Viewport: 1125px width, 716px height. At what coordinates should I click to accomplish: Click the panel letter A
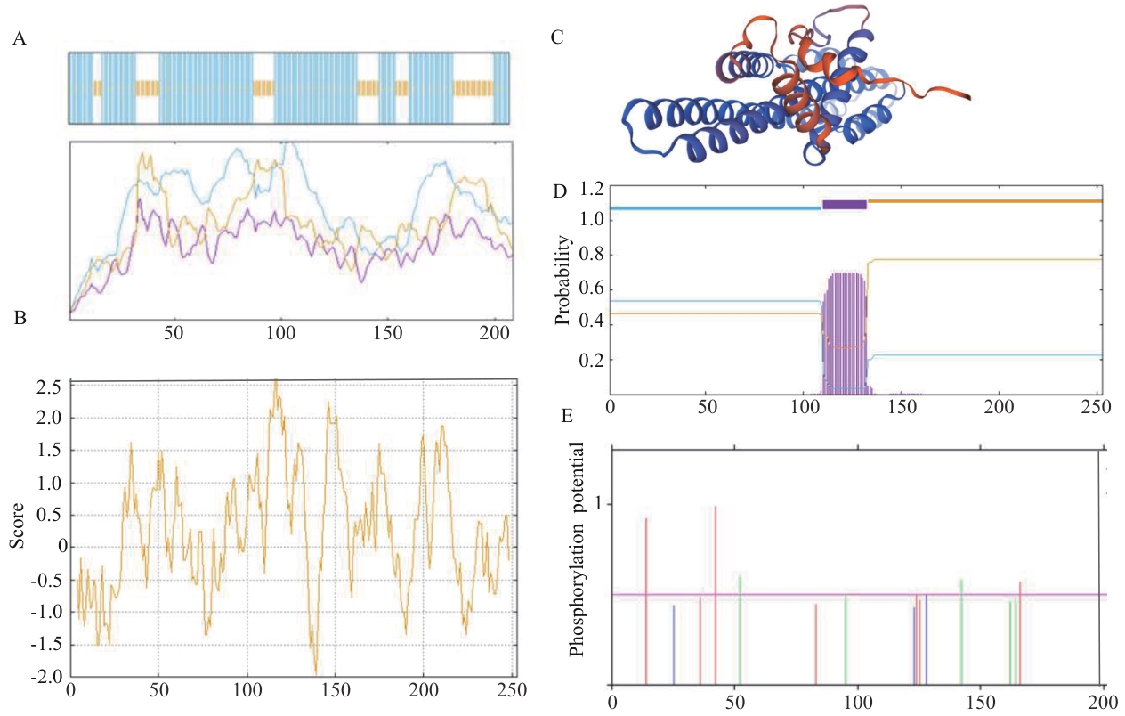20,38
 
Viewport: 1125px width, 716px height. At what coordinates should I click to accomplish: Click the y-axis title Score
17,529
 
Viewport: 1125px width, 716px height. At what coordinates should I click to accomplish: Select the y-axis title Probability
562,280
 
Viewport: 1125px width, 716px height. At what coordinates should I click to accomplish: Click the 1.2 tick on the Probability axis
591,189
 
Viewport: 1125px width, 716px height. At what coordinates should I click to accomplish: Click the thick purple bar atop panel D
844,205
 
